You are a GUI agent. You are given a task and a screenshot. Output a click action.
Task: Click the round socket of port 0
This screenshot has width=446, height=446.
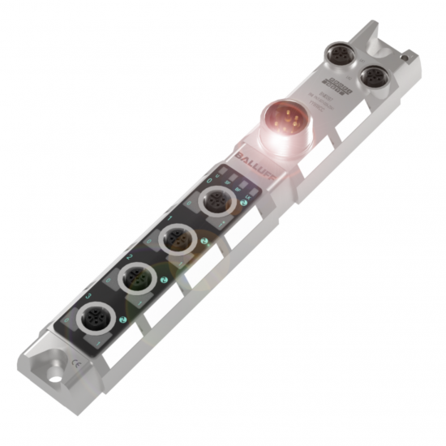pyautogui.click(x=216, y=199)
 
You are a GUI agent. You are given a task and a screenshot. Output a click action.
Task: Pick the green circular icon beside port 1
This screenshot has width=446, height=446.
pyautogui.click(x=204, y=241)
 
